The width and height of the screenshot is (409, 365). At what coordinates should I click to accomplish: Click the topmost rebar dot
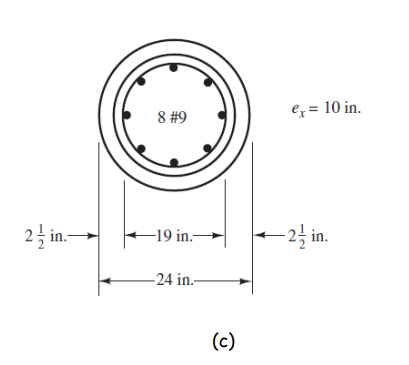point(175,69)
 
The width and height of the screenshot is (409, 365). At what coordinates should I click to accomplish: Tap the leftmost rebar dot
point(126,115)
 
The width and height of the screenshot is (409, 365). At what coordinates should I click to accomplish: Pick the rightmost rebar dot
point(222,115)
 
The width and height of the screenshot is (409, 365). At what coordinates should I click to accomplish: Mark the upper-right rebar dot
point(208,83)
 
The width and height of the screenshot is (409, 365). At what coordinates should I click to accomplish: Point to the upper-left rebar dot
point(141,83)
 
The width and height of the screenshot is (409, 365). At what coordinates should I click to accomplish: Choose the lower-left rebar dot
point(141,148)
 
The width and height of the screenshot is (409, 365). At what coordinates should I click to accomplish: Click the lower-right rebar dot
point(208,148)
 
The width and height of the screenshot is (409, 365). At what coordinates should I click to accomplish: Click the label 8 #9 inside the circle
point(174,117)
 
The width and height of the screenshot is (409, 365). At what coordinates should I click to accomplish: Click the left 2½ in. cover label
point(44,237)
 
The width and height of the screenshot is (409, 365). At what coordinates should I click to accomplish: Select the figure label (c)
point(222,340)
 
